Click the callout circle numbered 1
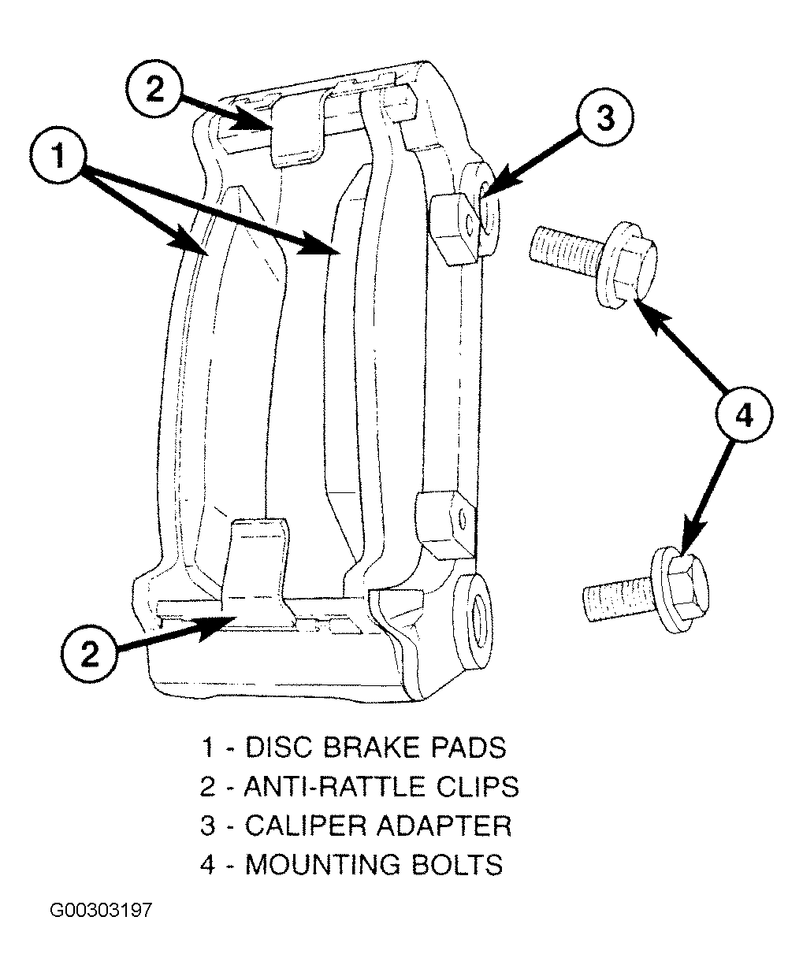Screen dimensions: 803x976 point(58,155)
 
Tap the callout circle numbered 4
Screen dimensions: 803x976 point(744,415)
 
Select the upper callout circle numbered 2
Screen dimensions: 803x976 point(154,87)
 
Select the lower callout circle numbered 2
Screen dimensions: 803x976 point(89,654)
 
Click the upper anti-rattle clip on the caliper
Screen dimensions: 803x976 point(296,132)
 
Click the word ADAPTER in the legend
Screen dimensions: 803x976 point(444,826)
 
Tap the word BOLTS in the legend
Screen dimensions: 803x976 point(456,864)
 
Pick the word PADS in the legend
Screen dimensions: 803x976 point(468,748)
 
